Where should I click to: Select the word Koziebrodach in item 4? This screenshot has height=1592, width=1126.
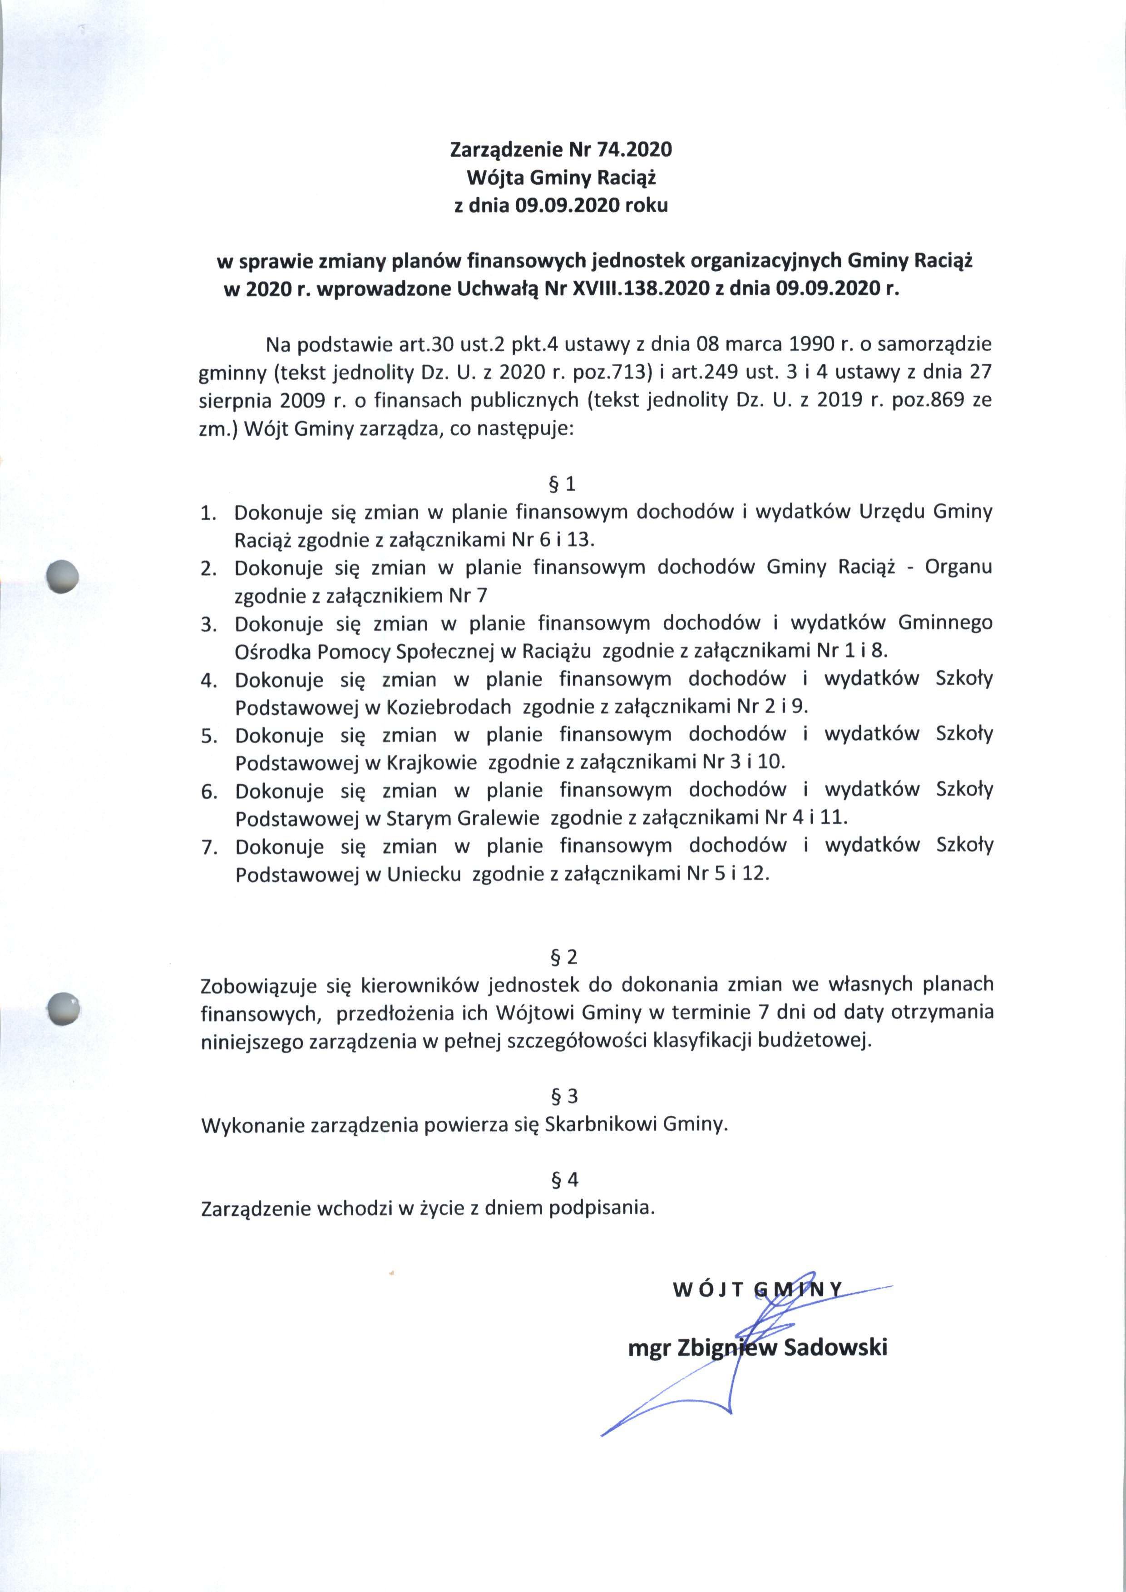pos(448,707)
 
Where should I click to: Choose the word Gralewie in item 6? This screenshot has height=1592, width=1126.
pos(498,819)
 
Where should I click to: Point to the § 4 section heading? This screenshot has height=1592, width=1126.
pos(563,1179)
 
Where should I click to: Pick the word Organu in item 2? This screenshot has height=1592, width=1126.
pos(958,567)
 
